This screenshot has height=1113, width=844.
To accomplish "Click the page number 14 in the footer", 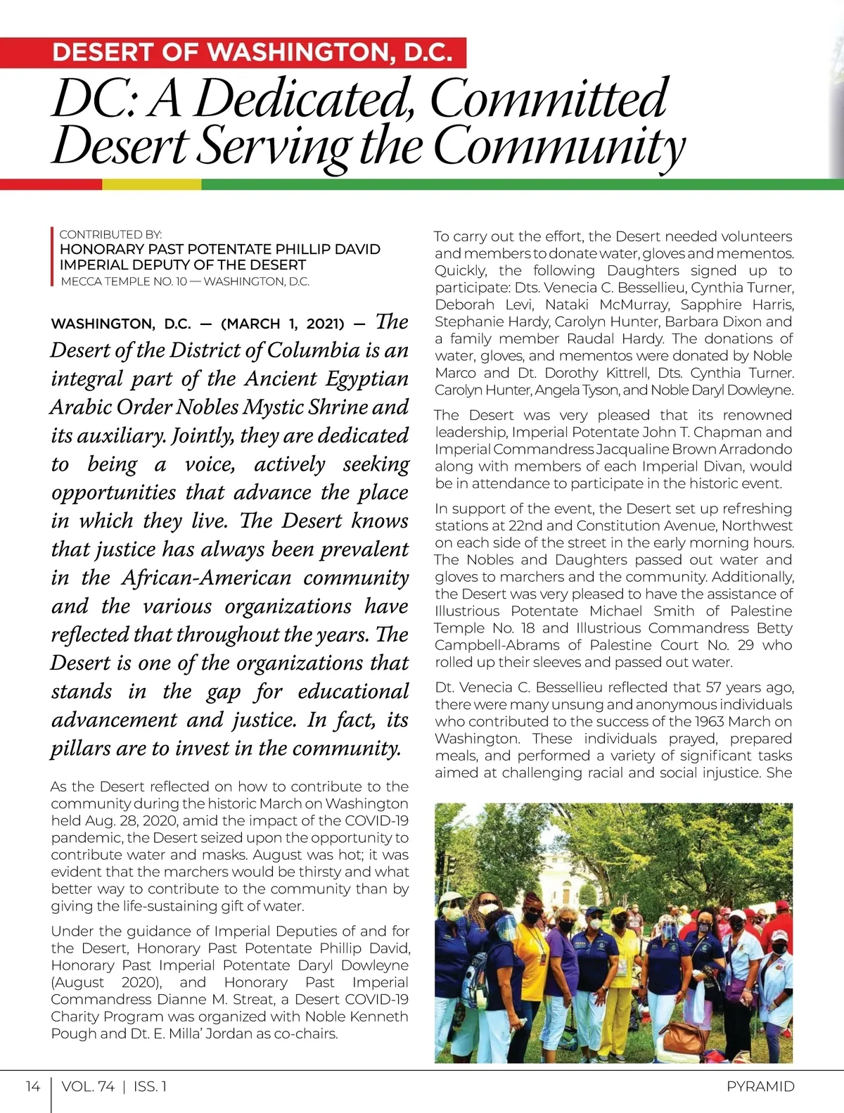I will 32,1086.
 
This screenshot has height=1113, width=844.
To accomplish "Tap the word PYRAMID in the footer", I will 760,1086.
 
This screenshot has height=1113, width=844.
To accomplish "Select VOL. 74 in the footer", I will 88,1086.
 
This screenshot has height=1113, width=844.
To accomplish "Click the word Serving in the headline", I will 275,146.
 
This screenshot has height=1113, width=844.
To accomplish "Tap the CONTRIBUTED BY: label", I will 110,234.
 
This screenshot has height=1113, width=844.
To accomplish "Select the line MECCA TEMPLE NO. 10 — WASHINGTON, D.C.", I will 185,281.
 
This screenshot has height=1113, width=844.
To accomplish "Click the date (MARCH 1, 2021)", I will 282,324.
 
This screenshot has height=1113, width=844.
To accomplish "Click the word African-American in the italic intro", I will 206,578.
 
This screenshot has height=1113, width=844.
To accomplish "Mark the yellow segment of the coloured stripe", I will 151,184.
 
